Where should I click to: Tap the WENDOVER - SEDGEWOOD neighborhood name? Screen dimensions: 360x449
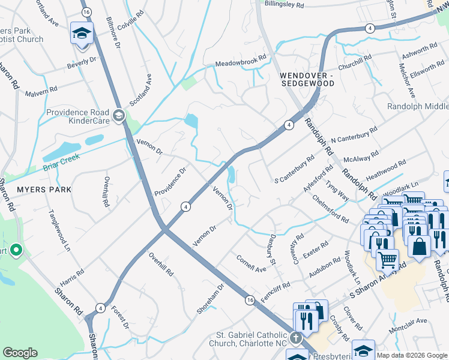point(307,79)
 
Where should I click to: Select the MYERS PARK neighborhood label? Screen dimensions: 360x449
point(44,190)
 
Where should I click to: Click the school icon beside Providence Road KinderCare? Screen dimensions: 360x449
point(119,115)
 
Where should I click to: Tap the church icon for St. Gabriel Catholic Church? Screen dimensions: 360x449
point(295,338)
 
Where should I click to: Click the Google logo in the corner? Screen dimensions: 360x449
point(20,353)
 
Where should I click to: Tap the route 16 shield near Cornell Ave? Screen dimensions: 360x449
point(250,298)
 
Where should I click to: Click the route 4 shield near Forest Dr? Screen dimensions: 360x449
point(99,308)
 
